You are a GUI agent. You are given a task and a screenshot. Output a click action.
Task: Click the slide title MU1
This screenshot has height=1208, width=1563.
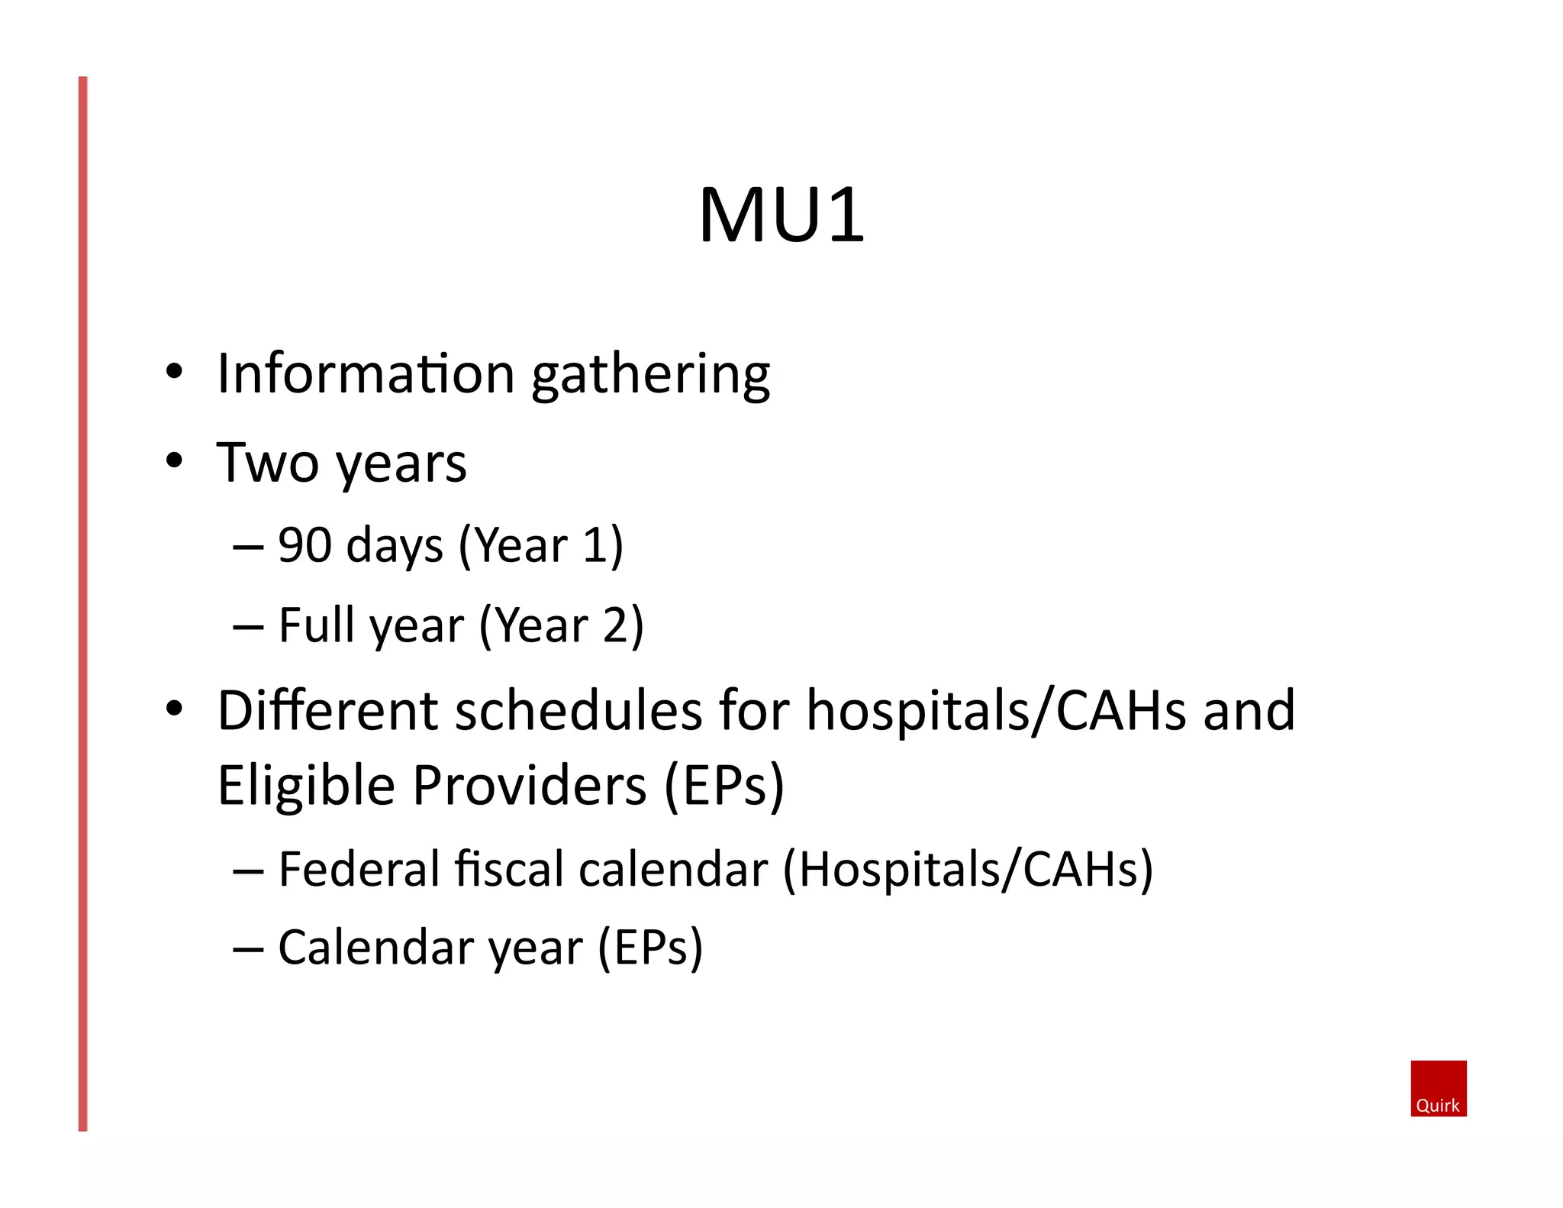(x=781, y=215)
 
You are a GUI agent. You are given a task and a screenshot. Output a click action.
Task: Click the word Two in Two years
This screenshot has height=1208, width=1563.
(x=267, y=463)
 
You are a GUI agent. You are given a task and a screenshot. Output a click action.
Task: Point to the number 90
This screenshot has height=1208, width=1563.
(x=305, y=545)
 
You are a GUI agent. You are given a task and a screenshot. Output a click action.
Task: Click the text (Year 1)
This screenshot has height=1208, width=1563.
(x=540, y=546)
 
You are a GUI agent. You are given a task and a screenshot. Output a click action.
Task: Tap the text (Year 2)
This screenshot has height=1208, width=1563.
(x=561, y=626)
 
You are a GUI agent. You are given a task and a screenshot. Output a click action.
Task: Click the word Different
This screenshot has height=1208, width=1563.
(x=327, y=711)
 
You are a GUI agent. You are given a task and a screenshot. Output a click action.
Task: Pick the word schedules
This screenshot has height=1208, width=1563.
(x=579, y=711)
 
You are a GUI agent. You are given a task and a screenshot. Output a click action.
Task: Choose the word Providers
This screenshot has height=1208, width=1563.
(x=530, y=786)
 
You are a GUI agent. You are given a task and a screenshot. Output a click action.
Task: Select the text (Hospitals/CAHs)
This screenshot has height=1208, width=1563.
(x=968, y=870)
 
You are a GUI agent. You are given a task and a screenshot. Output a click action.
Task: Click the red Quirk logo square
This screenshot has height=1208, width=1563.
(x=1438, y=1087)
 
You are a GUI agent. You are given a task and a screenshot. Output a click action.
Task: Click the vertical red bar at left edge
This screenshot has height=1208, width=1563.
(x=83, y=603)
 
